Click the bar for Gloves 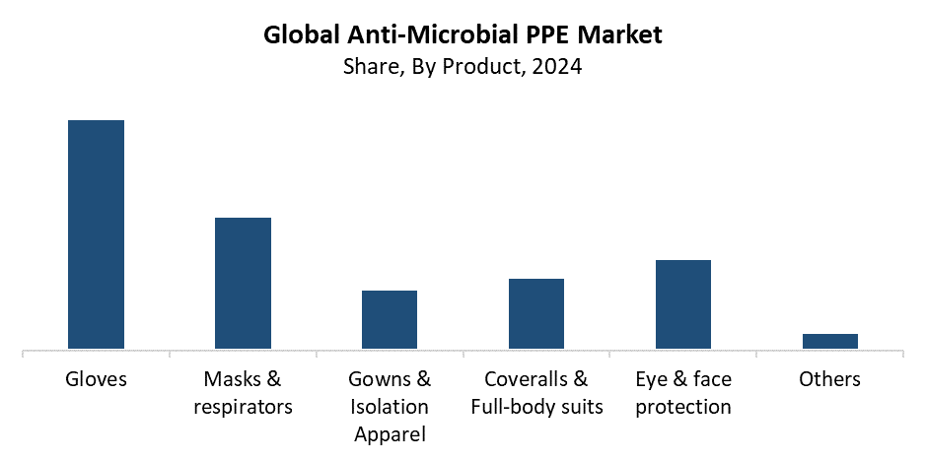click(x=96, y=234)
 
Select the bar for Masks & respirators click(x=243, y=283)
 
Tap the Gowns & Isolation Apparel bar click(x=390, y=319)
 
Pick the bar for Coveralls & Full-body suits click(x=536, y=313)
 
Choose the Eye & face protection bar click(x=683, y=304)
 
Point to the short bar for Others click(x=829, y=341)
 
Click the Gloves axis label click(x=96, y=379)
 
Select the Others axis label click(x=829, y=379)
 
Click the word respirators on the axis click(x=243, y=407)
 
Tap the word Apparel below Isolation click(x=390, y=433)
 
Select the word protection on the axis click(x=683, y=407)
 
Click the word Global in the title click(x=300, y=35)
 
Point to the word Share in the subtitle click(x=368, y=68)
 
